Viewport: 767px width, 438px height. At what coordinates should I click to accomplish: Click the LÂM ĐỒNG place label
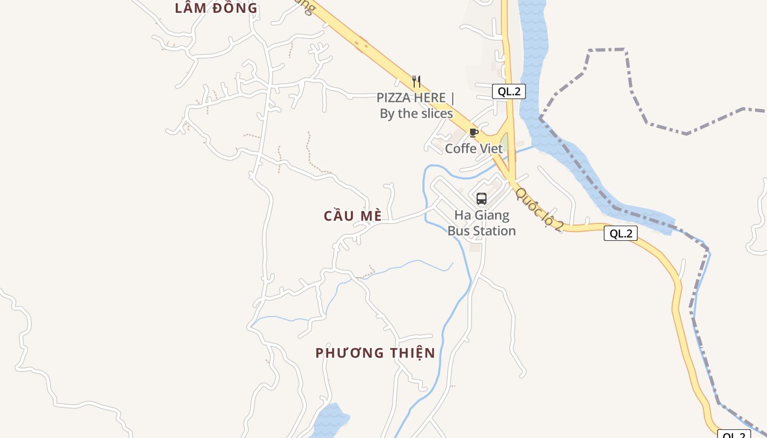216,8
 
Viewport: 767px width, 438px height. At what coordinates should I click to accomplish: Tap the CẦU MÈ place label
353,216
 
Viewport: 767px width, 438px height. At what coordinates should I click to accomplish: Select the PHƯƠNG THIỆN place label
375,353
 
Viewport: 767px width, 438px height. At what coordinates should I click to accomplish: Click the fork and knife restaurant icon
416,82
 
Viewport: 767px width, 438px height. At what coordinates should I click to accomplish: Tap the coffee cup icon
474,132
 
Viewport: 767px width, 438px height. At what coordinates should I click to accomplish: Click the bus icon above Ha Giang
482,199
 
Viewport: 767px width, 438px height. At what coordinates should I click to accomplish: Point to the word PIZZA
395,98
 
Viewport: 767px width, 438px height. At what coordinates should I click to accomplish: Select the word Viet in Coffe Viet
490,148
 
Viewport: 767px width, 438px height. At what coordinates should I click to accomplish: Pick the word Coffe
460,148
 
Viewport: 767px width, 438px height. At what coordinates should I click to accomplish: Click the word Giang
494,215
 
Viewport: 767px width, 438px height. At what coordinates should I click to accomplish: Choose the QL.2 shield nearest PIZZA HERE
509,91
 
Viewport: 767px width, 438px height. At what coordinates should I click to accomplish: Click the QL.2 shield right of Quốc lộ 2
621,234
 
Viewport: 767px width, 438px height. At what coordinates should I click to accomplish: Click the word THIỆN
411,353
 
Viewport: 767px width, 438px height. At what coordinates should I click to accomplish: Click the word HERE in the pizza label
430,98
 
